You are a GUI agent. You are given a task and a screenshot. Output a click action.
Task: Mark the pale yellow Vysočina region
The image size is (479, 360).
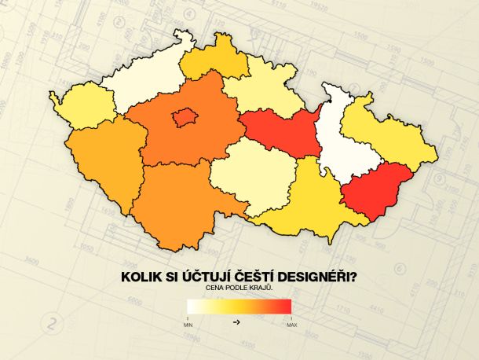[x=250, y=177]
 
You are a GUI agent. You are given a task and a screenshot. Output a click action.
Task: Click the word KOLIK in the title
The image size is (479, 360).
[x=142, y=277]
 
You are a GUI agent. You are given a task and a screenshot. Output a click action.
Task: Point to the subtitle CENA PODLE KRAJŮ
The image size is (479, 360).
[x=239, y=288]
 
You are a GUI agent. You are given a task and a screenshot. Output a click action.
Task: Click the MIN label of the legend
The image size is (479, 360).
[x=188, y=324]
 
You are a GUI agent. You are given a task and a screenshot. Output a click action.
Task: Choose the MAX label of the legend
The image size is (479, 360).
[x=291, y=324]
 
